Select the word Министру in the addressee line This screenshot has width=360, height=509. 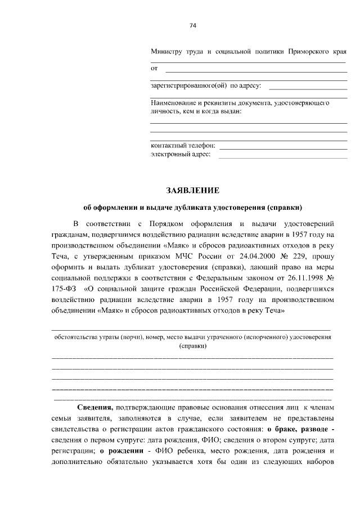coord(166,52)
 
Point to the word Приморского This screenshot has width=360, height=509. coord(308,52)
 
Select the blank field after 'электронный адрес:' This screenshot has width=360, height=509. coord(282,156)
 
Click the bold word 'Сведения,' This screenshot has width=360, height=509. coord(95,407)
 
